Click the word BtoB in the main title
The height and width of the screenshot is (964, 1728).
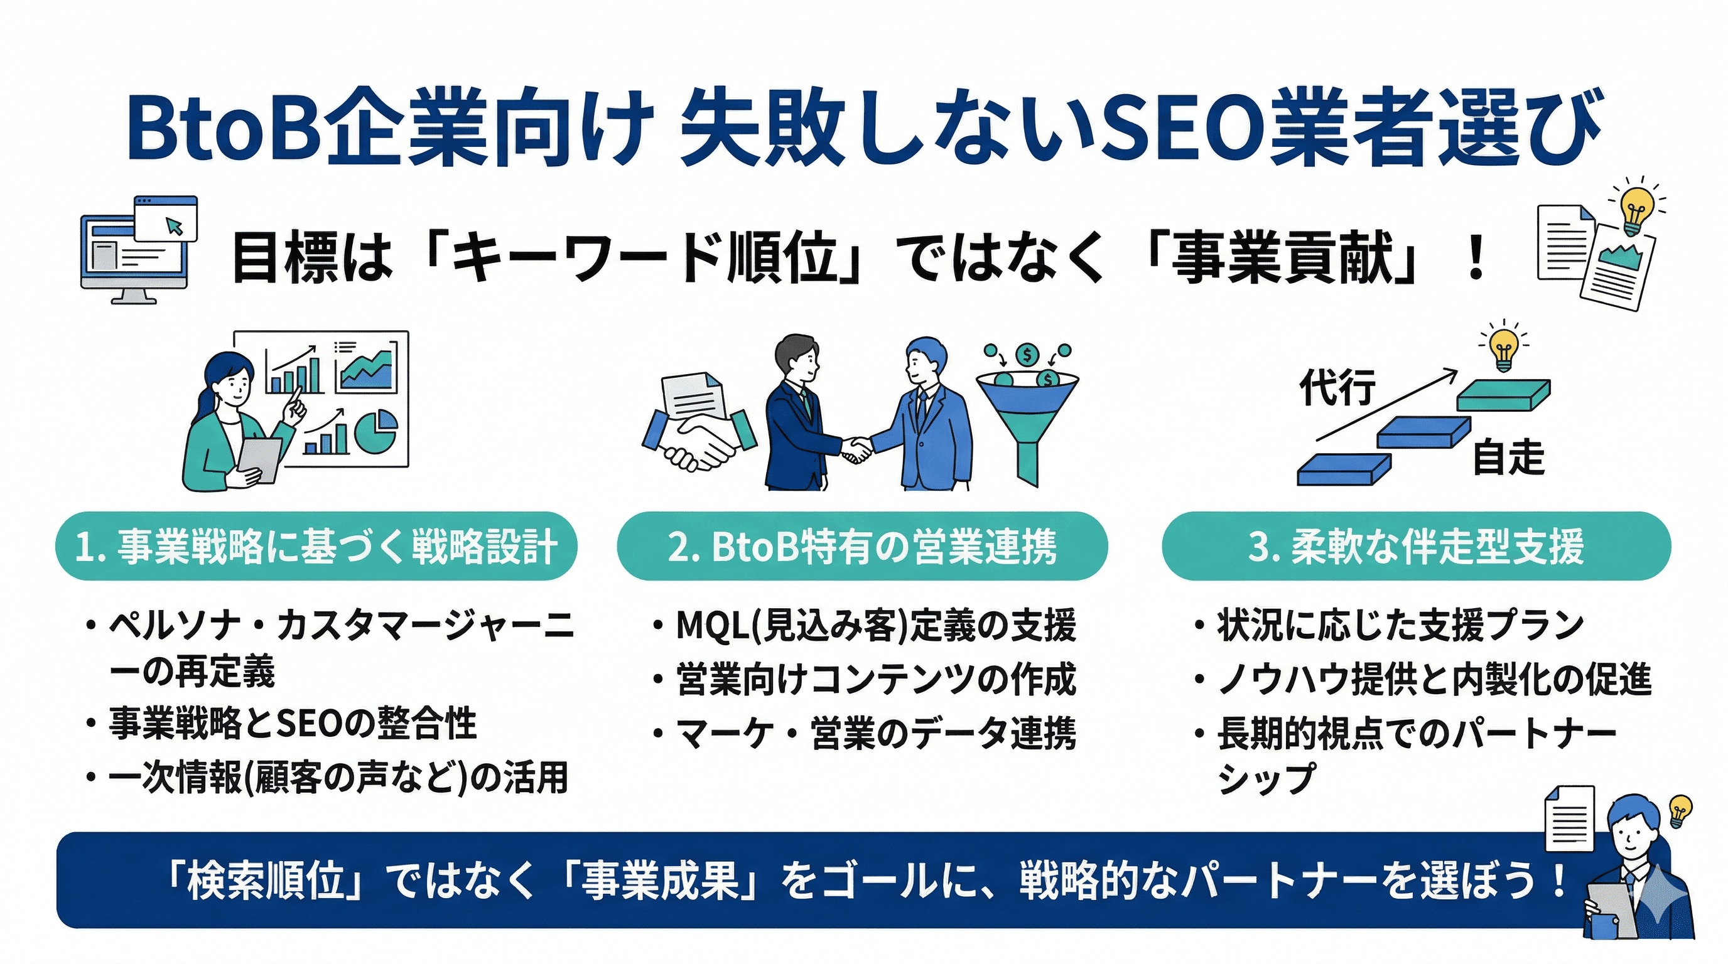click(222, 127)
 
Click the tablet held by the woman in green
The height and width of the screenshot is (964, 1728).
click(261, 459)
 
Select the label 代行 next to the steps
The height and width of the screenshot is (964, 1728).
click(1337, 387)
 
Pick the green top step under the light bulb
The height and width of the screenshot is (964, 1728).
click(1503, 395)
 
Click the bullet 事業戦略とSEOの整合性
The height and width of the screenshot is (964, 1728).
click(293, 724)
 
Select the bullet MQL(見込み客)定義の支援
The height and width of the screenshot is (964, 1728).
click(875, 625)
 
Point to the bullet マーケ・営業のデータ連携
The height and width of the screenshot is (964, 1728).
click(875, 732)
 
